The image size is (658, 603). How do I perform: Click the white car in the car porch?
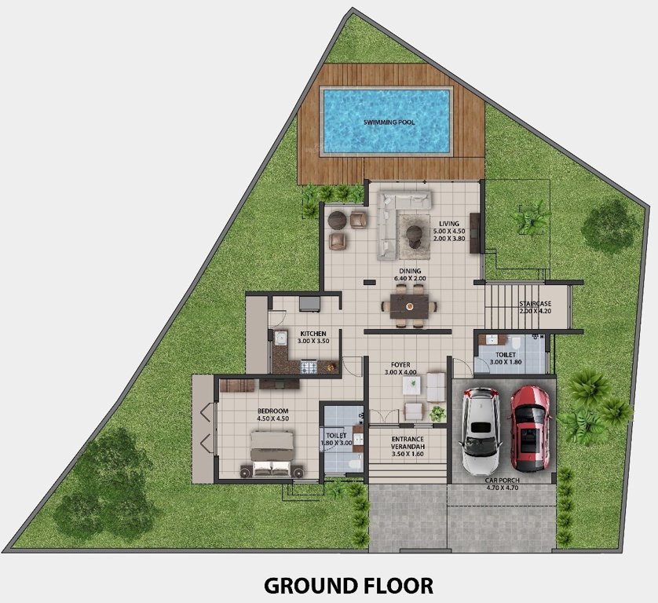click(481, 431)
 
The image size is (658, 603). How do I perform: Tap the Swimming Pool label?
click(389, 122)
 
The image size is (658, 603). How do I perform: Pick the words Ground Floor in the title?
click(348, 585)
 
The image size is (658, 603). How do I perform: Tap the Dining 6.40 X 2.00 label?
click(408, 274)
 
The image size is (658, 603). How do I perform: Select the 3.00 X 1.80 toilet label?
click(505, 358)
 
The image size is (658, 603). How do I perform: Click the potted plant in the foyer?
click(437, 412)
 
